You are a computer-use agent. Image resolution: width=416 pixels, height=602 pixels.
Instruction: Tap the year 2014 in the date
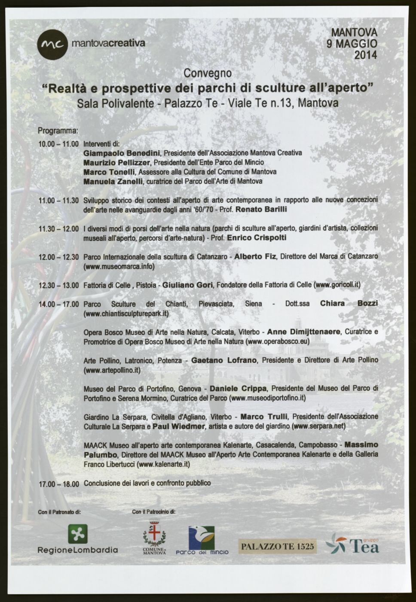click(365, 55)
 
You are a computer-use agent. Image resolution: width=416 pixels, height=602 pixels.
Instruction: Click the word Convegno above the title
click(208, 73)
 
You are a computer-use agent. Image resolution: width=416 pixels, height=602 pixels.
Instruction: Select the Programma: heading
click(58, 131)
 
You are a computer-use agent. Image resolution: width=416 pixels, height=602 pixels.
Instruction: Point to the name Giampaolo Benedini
click(122, 153)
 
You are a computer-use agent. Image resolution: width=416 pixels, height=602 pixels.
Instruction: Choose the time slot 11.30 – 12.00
click(59, 229)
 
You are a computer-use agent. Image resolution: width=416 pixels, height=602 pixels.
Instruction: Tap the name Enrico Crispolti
click(257, 237)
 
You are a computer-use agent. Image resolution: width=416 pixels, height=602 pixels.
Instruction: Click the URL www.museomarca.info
click(119, 266)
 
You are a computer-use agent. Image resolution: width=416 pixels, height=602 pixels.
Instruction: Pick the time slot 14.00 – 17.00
click(59, 304)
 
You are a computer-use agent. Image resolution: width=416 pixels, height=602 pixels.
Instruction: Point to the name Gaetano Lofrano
click(224, 360)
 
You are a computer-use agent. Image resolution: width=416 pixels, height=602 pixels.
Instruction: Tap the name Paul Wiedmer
click(178, 426)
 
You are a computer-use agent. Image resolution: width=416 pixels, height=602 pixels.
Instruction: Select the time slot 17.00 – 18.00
click(59, 483)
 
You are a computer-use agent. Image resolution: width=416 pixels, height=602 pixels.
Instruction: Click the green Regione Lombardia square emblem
click(78, 534)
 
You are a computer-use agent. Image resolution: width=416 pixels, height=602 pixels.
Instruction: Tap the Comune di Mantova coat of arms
click(154, 534)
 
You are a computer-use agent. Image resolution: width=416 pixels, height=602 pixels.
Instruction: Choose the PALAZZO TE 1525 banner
click(277, 547)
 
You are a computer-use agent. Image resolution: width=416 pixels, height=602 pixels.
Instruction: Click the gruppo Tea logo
click(352, 544)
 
